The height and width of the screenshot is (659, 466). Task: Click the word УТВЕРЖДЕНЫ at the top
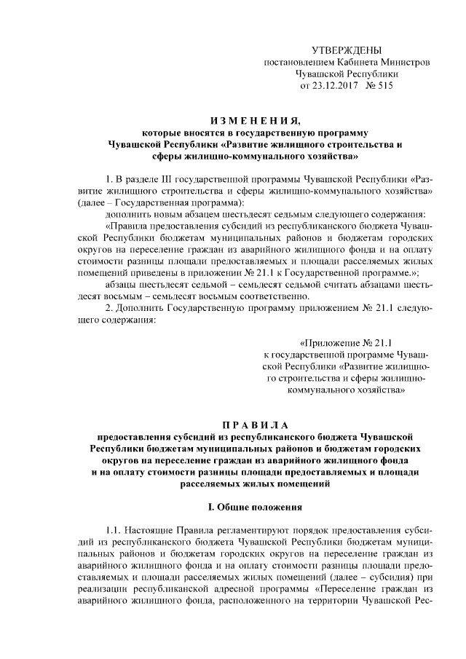(x=346, y=50)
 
